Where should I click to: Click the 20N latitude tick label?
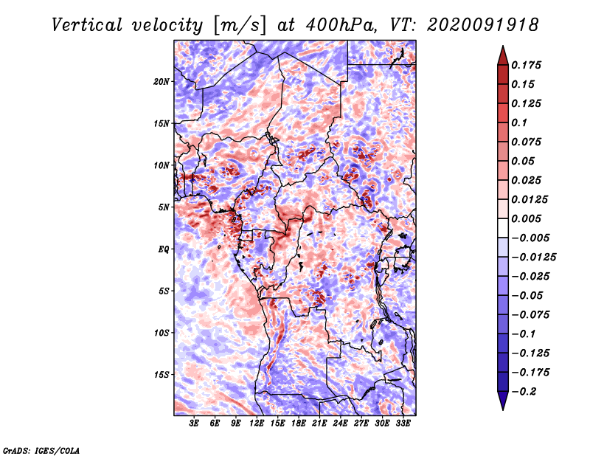[162, 81]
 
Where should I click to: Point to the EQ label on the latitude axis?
[164, 249]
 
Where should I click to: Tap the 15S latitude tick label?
[162, 375]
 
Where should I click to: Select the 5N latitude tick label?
[164, 207]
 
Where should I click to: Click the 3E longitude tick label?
[194, 423]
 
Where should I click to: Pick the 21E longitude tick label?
[319, 423]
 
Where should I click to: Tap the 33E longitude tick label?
[403, 423]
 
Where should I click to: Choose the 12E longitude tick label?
[257, 423]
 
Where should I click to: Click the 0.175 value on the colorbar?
[526, 65]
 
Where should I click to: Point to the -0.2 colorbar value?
[524, 391]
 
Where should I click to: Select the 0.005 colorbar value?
[526, 218]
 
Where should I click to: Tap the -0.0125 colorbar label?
[533, 258]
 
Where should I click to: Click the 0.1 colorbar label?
[519, 122]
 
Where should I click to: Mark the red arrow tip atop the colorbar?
[503, 46]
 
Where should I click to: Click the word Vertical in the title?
[87, 25]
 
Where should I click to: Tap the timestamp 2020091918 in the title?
[483, 25]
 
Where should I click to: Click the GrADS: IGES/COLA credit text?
[41, 450]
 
